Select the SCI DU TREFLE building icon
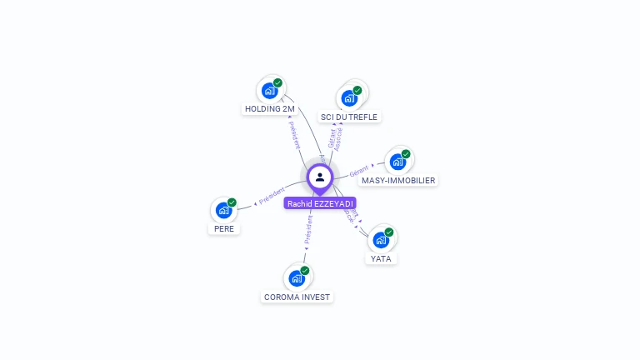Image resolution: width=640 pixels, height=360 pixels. [x=349, y=98]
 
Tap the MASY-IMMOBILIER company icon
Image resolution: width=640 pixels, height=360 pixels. [x=397, y=162]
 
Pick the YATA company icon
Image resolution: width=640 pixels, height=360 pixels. [x=381, y=240]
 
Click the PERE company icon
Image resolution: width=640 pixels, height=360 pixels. [x=222, y=210]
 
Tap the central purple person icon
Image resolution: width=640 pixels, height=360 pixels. [x=320, y=177]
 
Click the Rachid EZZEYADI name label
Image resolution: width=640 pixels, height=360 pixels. [x=320, y=203]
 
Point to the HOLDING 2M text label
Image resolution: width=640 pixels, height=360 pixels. [x=269, y=109]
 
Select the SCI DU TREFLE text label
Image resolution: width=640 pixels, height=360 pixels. [x=349, y=117]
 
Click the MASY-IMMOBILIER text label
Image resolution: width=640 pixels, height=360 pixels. [x=397, y=180]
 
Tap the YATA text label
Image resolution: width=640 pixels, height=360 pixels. [x=381, y=258]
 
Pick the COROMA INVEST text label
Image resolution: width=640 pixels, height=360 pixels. [x=297, y=297]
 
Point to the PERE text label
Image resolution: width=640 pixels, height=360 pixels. [x=223, y=228]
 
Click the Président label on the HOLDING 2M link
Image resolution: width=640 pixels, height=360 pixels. [x=294, y=134]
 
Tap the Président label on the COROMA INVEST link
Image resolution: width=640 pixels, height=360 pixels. [x=308, y=231]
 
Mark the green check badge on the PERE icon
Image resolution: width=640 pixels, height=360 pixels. [x=232, y=202]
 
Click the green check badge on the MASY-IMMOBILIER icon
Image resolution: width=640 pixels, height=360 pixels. [x=406, y=154]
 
